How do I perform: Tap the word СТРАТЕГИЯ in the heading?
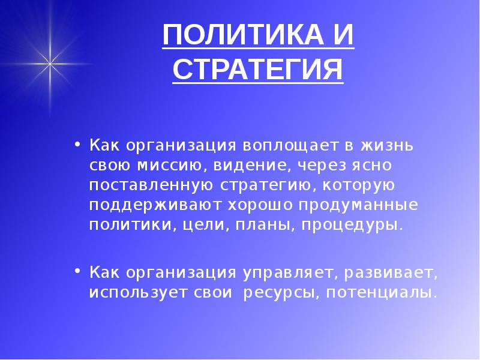(258, 70)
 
